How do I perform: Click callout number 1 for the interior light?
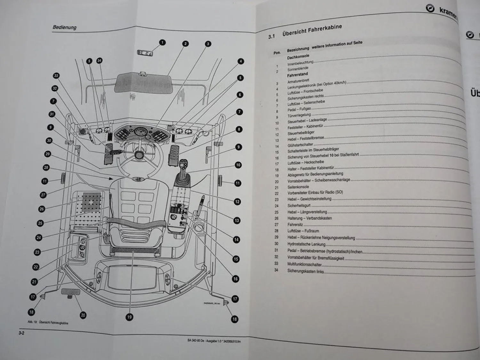163,42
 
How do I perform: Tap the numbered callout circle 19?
129,317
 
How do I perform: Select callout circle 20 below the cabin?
83,315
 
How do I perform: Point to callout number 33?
56,76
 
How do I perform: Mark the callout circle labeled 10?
238,165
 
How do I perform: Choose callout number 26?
42,209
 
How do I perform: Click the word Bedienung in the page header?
64,27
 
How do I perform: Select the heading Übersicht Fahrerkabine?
312,30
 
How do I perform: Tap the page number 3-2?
22,333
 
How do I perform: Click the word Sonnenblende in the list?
298,68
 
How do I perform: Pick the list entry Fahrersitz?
295,224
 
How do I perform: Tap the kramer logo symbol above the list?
430,9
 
